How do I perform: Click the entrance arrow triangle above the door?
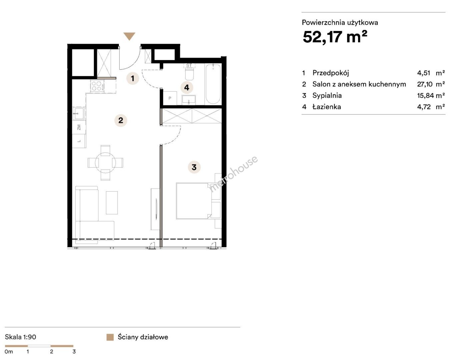coord(129,36)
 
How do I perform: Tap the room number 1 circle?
coord(133,78)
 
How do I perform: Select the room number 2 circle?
coord(121,120)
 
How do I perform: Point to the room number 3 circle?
coord(194,167)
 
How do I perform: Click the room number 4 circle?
coord(187,87)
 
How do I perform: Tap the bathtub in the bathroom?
coord(213,84)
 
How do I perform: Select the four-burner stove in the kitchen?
coord(97,86)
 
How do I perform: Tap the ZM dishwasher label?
coord(79,127)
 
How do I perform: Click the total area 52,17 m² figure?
coord(335,37)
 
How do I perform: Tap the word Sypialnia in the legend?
coord(327,95)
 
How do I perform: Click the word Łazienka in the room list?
coord(326,107)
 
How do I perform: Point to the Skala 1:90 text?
coord(21,337)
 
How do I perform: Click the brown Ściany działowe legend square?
coord(110,337)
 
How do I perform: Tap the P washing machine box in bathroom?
coord(170,98)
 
